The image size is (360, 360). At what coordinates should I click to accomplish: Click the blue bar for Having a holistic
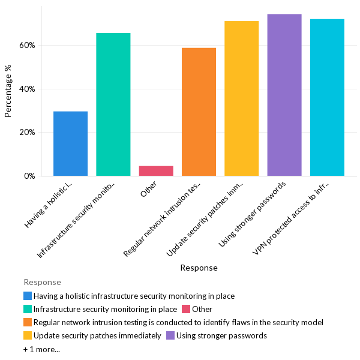pyautogui.click(x=70, y=143)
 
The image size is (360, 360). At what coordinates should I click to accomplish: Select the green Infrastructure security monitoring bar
pyautogui.click(x=113, y=104)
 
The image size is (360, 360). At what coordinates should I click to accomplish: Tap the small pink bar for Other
pyautogui.click(x=156, y=171)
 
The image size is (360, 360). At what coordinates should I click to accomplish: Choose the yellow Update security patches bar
pyautogui.click(x=241, y=98)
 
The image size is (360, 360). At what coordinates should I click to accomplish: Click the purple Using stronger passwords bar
pyautogui.click(x=284, y=95)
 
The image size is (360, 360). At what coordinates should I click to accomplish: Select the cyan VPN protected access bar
pyautogui.click(x=327, y=97)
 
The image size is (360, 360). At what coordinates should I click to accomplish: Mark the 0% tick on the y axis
pyautogui.click(x=30, y=176)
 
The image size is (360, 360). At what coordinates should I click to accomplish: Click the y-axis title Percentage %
pyautogui.click(x=8, y=91)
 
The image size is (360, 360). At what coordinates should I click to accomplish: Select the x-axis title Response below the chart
pyautogui.click(x=199, y=268)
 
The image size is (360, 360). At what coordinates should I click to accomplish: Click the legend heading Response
pyautogui.click(x=42, y=282)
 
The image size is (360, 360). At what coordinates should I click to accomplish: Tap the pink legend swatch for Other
pyautogui.click(x=187, y=309)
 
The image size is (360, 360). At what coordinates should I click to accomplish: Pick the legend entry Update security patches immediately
pyautogui.click(x=97, y=335)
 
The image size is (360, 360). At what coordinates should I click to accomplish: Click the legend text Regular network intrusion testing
pyautogui.click(x=178, y=322)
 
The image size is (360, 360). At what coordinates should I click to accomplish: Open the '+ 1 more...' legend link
pyautogui.click(x=41, y=349)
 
